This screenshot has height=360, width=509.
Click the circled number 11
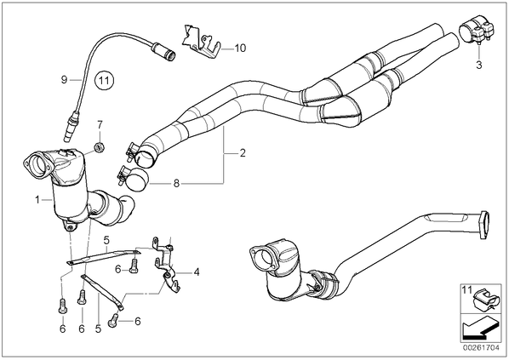tap(104, 79)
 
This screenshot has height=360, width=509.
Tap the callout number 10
tap(240, 49)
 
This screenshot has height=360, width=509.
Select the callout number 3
tap(479, 65)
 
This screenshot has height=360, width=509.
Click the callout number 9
tap(65, 79)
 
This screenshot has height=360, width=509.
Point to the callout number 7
tap(100, 124)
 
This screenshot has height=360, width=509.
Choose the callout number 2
tap(243, 153)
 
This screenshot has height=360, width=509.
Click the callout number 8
tap(176, 184)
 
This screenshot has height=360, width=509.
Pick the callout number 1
tap(37, 199)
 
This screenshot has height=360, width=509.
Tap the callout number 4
tap(197, 272)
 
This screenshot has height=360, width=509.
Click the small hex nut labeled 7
tap(99, 148)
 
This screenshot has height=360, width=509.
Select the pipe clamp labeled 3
tap(476, 31)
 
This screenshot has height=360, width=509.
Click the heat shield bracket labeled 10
tap(201, 42)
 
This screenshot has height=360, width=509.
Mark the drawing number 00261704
tap(481, 348)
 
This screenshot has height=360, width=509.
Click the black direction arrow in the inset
tap(479, 329)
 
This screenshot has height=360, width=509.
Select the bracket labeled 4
tap(166, 264)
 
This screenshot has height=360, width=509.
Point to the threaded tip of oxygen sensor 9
tap(67, 137)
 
